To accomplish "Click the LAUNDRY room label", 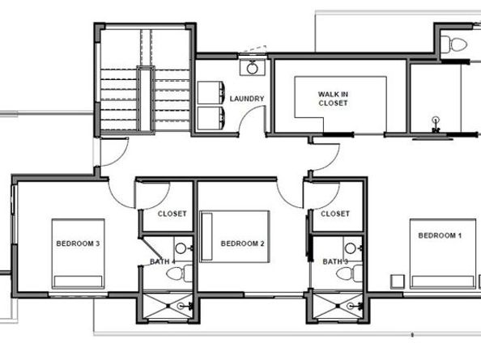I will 247,100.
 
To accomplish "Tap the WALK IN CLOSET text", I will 333,98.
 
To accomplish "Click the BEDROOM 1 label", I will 440,235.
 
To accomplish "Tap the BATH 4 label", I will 161,261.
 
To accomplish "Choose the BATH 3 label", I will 335,261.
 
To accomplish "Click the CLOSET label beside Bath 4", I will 172,214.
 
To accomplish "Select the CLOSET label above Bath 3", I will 334,214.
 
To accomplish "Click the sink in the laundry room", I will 253,67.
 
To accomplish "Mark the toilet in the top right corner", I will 455,44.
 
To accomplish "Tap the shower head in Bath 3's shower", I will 357,307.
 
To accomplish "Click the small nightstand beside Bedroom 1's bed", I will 397,281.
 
